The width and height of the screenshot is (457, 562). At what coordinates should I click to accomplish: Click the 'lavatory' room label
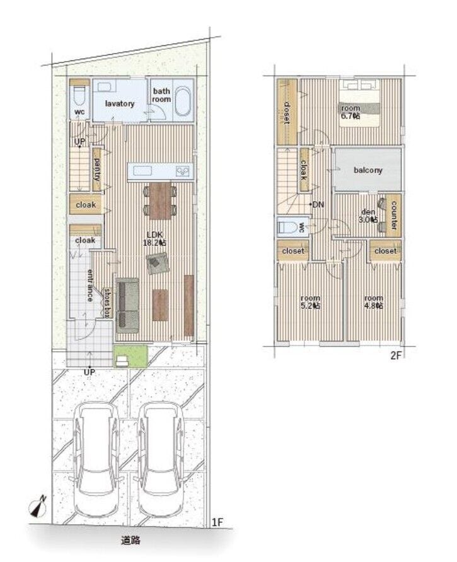(120, 103)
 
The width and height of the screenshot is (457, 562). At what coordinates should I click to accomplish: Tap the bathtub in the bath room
(184, 101)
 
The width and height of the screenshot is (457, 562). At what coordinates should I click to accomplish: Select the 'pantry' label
(97, 169)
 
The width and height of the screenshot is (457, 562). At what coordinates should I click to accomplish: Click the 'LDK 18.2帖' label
(154, 238)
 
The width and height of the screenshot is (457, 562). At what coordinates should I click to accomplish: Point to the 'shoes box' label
(107, 303)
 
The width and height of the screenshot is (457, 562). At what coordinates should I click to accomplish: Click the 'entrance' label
(90, 285)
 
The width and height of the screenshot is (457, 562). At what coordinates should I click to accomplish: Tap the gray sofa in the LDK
(128, 306)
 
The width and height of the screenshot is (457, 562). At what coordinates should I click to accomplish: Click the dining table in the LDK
(160, 201)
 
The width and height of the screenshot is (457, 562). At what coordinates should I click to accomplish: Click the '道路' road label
(130, 541)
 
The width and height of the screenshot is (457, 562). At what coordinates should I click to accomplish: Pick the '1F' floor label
(217, 522)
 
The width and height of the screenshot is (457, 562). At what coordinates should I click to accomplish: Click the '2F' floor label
(395, 355)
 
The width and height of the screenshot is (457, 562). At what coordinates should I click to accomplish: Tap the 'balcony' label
(368, 170)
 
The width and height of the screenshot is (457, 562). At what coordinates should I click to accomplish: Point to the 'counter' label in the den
(393, 215)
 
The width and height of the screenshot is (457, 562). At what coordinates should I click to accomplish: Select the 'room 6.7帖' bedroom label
(350, 112)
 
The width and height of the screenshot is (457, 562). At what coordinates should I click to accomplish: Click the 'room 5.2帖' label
(311, 302)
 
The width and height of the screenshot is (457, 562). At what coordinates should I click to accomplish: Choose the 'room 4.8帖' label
(373, 302)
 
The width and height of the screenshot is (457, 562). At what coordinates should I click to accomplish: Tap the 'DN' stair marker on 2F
(318, 205)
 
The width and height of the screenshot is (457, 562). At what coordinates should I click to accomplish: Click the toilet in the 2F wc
(289, 227)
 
